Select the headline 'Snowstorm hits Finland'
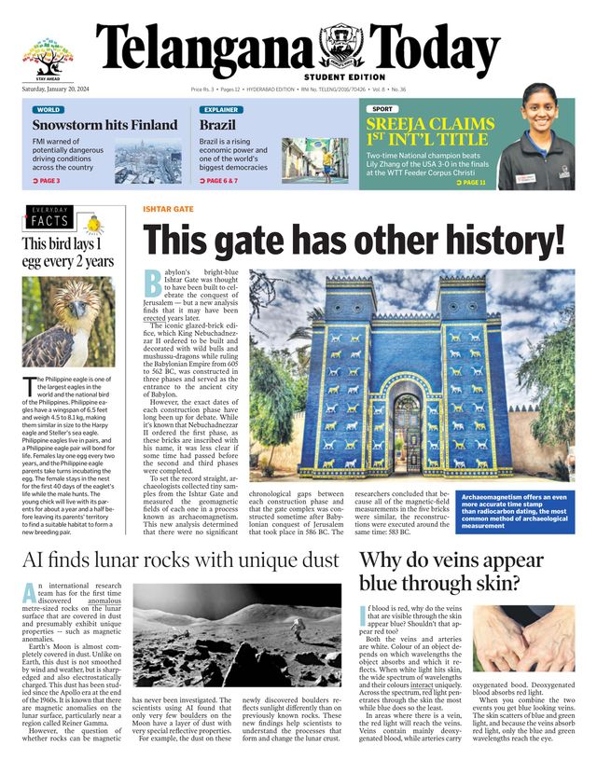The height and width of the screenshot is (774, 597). [104, 125]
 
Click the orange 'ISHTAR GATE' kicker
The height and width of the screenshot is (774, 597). [168, 210]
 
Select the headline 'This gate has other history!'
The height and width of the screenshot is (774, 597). [354, 242]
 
